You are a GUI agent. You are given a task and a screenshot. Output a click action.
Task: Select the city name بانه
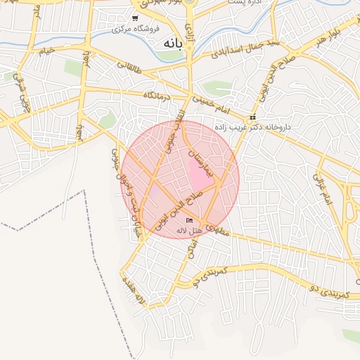[x=172, y=44]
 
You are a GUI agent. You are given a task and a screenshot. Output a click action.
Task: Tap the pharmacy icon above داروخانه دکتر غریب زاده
[x=252, y=118]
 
